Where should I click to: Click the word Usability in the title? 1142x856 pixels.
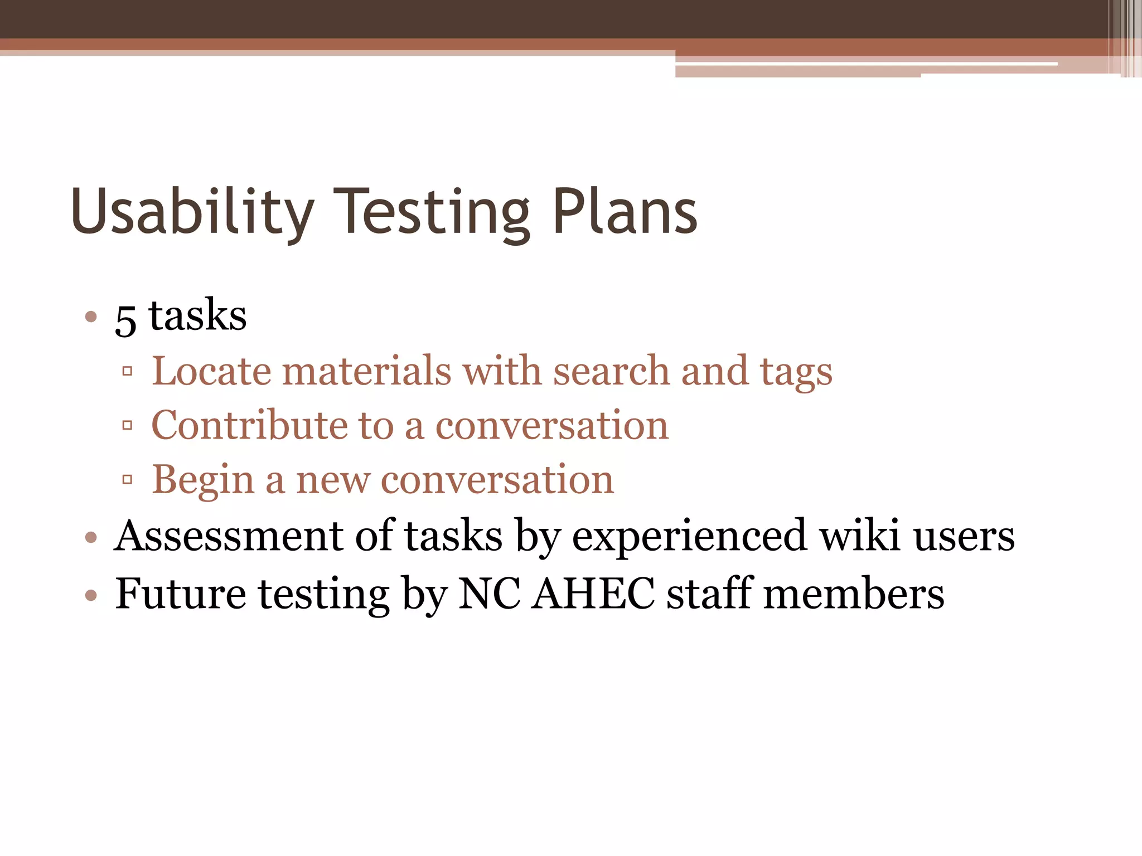(192, 212)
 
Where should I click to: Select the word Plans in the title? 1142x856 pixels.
(625, 212)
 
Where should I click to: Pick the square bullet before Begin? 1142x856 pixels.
(127, 479)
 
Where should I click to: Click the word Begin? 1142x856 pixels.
(203, 480)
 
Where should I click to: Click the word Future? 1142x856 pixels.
(180, 594)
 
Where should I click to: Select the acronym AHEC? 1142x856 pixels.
(593, 594)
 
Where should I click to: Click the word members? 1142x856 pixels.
(854, 594)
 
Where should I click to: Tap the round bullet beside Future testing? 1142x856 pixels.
(91, 595)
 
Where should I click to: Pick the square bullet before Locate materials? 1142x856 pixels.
(127, 371)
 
